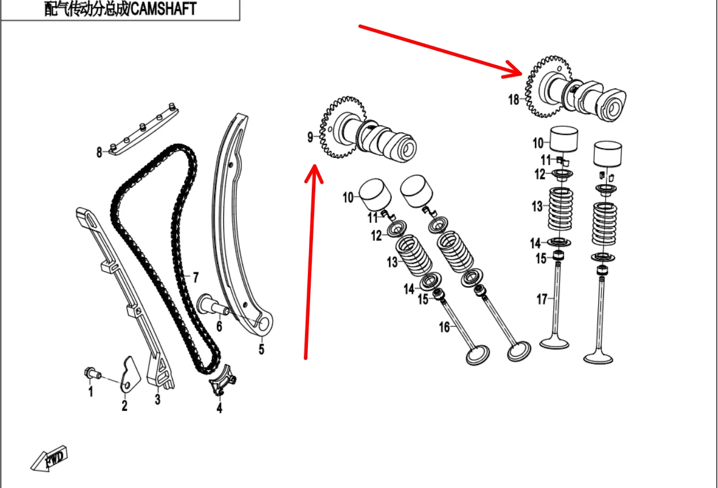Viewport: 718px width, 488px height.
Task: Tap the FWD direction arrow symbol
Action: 50,458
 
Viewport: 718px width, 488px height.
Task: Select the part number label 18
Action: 514,100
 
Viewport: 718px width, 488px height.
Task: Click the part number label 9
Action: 310,137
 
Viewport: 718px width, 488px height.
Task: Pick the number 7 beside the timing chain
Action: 195,278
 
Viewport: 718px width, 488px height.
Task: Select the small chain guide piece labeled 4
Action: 223,382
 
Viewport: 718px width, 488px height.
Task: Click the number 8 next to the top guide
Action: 99,152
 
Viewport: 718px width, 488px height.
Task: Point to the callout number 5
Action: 261,349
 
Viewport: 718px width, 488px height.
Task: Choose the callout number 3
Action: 157,399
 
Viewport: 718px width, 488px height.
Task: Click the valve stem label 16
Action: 444,326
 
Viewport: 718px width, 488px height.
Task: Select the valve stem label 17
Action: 542,298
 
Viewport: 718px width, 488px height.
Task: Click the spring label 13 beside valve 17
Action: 537,206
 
